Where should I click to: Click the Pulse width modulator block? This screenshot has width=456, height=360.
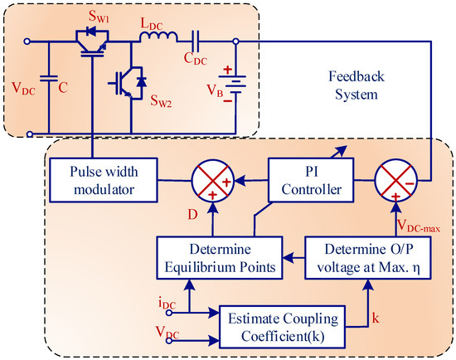[x=104, y=180]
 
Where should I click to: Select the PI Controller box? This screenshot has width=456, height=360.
[x=311, y=180]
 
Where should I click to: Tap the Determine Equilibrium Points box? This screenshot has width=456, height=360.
[x=220, y=258]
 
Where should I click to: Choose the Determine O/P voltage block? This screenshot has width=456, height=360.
[x=368, y=258]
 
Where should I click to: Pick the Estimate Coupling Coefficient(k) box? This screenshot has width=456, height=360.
[x=283, y=327]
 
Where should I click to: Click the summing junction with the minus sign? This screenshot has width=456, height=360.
[x=395, y=181]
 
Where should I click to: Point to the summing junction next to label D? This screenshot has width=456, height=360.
[x=213, y=181]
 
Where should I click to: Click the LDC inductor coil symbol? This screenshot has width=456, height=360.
[x=158, y=37]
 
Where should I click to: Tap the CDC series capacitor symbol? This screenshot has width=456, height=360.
[x=196, y=41]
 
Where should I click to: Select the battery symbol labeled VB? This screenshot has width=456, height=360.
[x=232, y=85]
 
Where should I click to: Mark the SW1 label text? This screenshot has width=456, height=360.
[x=99, y=17]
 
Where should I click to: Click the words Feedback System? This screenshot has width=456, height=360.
[x=357, y=85]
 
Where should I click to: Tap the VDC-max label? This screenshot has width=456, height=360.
[x=419, y=226]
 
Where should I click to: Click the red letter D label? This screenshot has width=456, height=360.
[x=192, y=215]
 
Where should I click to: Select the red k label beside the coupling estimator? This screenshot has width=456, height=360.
[x=376, y=318]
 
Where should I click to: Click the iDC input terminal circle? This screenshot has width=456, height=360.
[x=169, y=313]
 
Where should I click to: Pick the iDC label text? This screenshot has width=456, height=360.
[x=167, y=304]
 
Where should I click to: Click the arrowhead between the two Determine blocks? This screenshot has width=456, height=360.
[x=289, y=258]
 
